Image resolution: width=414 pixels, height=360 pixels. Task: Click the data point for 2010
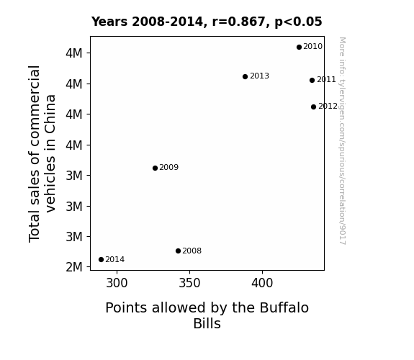[299, 48]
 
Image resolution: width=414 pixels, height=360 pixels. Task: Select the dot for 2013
[245, 76]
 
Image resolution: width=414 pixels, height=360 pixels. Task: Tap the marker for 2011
[312, 80]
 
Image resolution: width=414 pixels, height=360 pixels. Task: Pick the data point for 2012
[313, 107]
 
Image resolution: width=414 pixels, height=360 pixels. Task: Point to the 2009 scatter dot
[155, 168]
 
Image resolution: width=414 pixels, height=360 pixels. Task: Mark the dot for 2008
[178, 251]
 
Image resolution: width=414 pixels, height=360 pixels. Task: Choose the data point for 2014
[101, 260]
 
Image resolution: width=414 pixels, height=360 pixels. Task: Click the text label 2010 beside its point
[313, 47]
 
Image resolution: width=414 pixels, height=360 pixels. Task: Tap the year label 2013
[259, 76]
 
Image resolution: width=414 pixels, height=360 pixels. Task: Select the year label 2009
[169, 168]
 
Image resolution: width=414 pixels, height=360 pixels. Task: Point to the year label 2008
[192, 251]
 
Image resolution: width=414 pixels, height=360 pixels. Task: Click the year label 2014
[115, 260]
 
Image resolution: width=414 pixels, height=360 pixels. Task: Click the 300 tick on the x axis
[117, 283]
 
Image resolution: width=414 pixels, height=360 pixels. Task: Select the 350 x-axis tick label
[189, 283]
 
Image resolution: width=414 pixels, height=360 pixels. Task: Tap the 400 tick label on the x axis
[262, 283]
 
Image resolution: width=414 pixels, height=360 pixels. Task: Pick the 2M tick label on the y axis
[74, 267]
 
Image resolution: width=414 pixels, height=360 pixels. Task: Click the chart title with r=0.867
[207, 22]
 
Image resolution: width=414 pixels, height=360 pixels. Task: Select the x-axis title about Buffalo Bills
[207, 315]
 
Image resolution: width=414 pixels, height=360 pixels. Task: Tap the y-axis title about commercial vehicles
[42, 153]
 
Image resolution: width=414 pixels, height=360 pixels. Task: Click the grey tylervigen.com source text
[342, 141]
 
